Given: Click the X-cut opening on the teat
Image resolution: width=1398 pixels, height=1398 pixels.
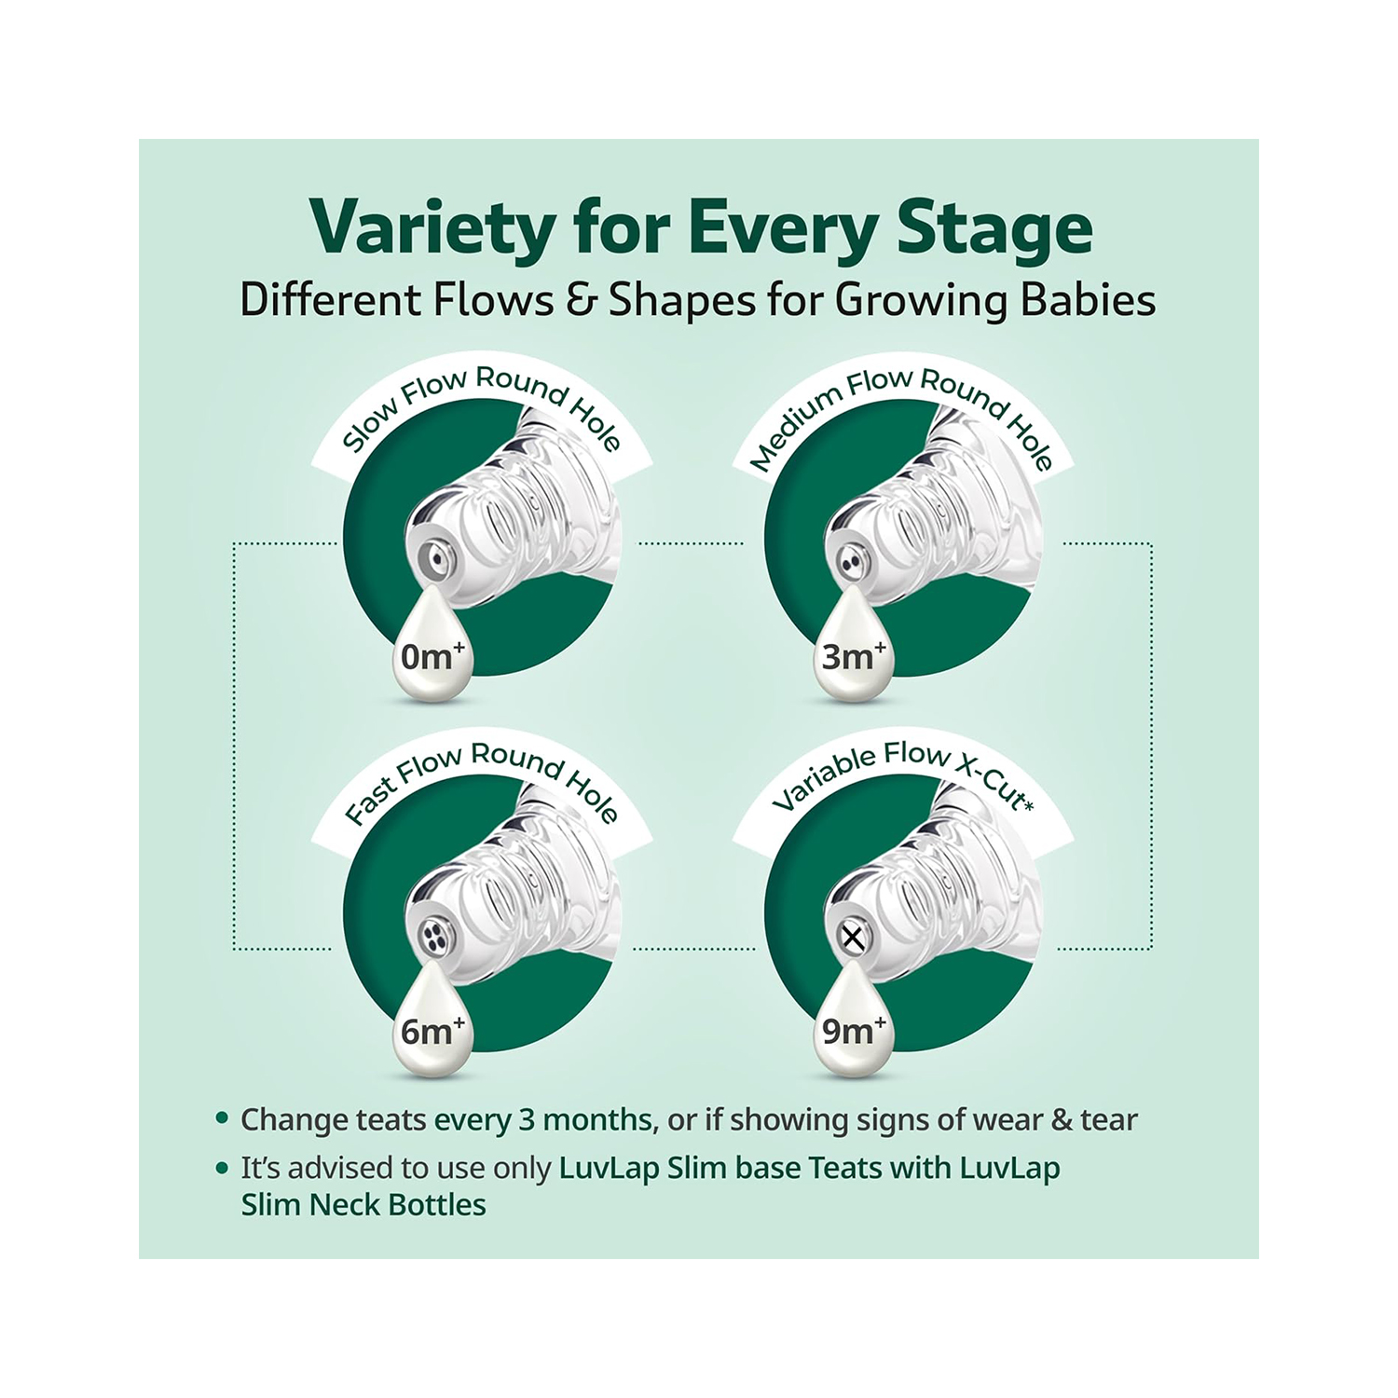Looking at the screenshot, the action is pyautogui.click(x=852, y=937).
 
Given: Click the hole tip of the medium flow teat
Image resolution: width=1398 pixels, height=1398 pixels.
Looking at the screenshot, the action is pyautogui.click(x=850, y=562).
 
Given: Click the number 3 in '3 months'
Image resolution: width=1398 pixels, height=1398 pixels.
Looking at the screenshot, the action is pyautogui.click(x=527, y=1118).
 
